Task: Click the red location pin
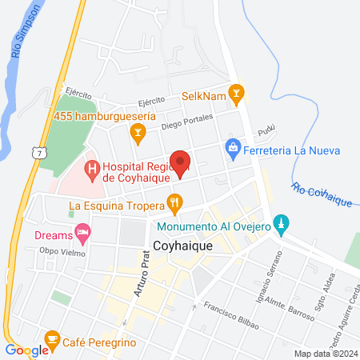[x=181, y=163]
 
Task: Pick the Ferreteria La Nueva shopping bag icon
[x=233, y=148]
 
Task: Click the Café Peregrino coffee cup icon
[x=53, y=340]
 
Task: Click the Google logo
[x=26, y=350]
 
